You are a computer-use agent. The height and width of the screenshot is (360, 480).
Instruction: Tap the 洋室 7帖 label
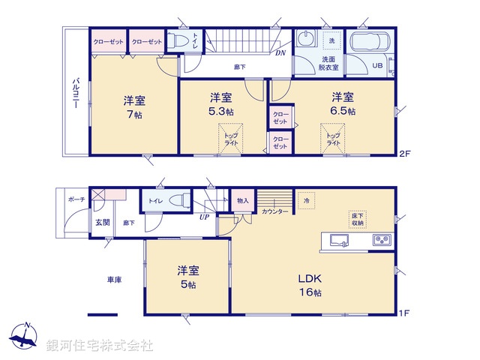[x=133, y=106]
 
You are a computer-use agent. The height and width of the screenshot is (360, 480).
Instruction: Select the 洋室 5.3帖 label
[x=220, y=105]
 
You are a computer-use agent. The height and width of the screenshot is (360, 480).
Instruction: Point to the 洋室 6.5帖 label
[x=343, y=104]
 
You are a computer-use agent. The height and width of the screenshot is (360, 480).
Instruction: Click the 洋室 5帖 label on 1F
[x=187, y=277]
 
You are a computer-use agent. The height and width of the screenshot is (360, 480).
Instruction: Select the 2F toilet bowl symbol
[x=177, y=43]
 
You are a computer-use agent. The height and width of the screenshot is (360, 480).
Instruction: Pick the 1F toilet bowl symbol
[x=178, y=200]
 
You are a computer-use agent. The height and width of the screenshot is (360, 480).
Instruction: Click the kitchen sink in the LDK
[x=337, y=241]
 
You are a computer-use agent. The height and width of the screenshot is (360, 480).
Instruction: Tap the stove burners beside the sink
[x=382, y=241]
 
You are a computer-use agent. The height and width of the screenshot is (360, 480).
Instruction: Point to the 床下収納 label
[x=357, y=219]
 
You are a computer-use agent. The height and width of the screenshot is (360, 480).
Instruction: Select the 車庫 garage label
[x=114, y=279]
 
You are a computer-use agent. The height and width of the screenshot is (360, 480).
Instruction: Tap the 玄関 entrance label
[x=102, y=223]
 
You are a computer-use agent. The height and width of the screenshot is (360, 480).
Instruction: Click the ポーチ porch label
[x=76, y=199]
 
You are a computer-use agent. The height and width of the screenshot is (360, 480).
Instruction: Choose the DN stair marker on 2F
[x=279, y=53]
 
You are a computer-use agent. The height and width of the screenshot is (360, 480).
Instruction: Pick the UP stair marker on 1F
[x=203, y=218]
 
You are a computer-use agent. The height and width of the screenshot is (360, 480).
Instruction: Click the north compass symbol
[x=24, y=336]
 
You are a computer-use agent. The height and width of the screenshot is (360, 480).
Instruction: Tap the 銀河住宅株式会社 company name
[x=100, y=346]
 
